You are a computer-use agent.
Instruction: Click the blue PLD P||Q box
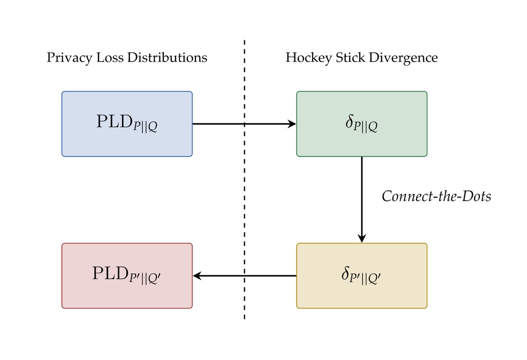click(x=127, y=124)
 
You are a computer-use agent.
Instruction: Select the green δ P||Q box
click(x=361, y=124)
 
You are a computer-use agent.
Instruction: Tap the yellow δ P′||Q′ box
click(x=361, y=276)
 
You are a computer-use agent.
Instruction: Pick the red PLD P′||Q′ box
click(x=127, y=276)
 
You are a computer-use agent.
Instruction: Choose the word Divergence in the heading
click(x=403, y=58)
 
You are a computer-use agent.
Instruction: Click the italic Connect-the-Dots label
click(x=436, y=196)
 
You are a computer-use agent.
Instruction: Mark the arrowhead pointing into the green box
click(x=292, y=124)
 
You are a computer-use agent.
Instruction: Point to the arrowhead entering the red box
click(x=197, y=276)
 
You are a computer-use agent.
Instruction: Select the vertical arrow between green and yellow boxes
click(x=361, y=198)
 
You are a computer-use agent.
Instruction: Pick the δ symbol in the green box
click(x=349, y=123)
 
